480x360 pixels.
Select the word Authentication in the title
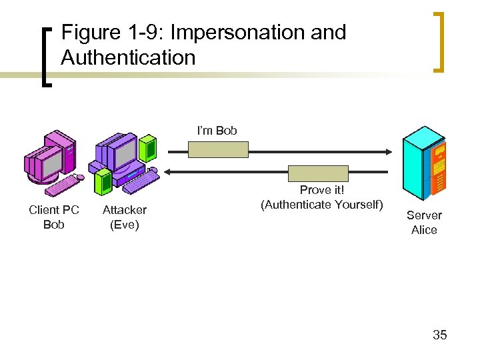128,57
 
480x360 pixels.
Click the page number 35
439,335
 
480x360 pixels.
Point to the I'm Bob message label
217,130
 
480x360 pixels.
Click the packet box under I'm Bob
218,149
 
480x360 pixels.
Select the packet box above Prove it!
318,173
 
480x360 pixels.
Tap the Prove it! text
322,191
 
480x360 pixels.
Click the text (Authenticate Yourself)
322,204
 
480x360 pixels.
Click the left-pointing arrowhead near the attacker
168,172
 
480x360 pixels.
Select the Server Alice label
424,223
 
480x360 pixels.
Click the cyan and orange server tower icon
424,164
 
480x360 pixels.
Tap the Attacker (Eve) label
124,217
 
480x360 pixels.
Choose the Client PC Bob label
54,217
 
